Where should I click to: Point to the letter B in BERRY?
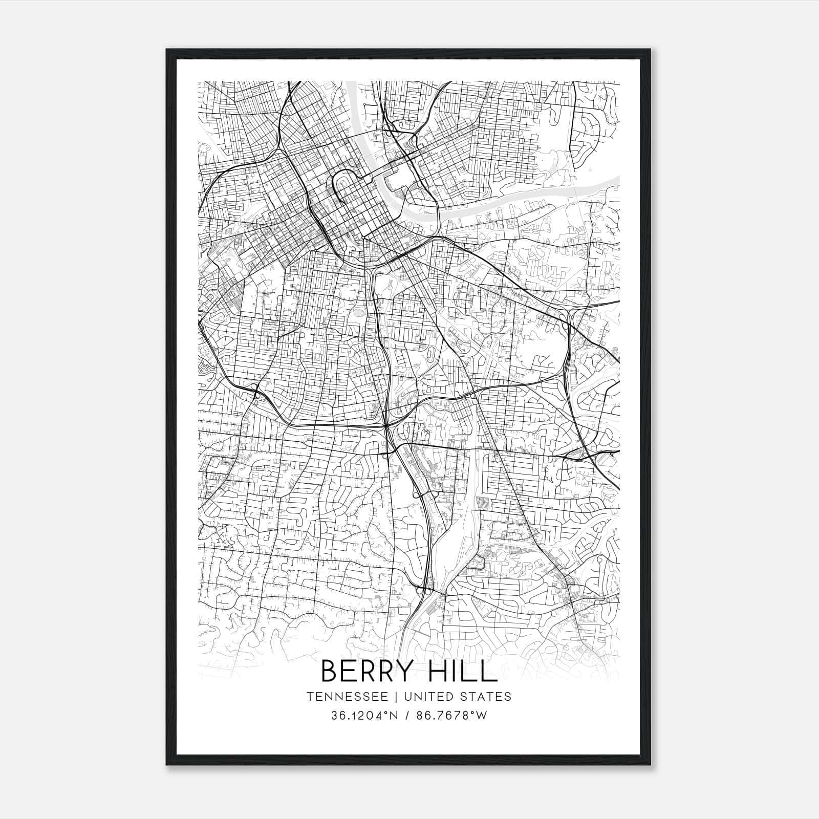[x=329, y=672]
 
